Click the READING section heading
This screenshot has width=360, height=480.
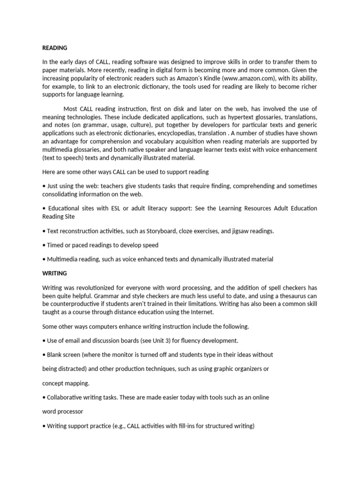pos(55,48)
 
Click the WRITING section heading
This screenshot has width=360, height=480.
pos(54,273)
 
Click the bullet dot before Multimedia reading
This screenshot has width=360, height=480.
pos(44,259)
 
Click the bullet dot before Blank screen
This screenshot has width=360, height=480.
pos(44,355)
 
